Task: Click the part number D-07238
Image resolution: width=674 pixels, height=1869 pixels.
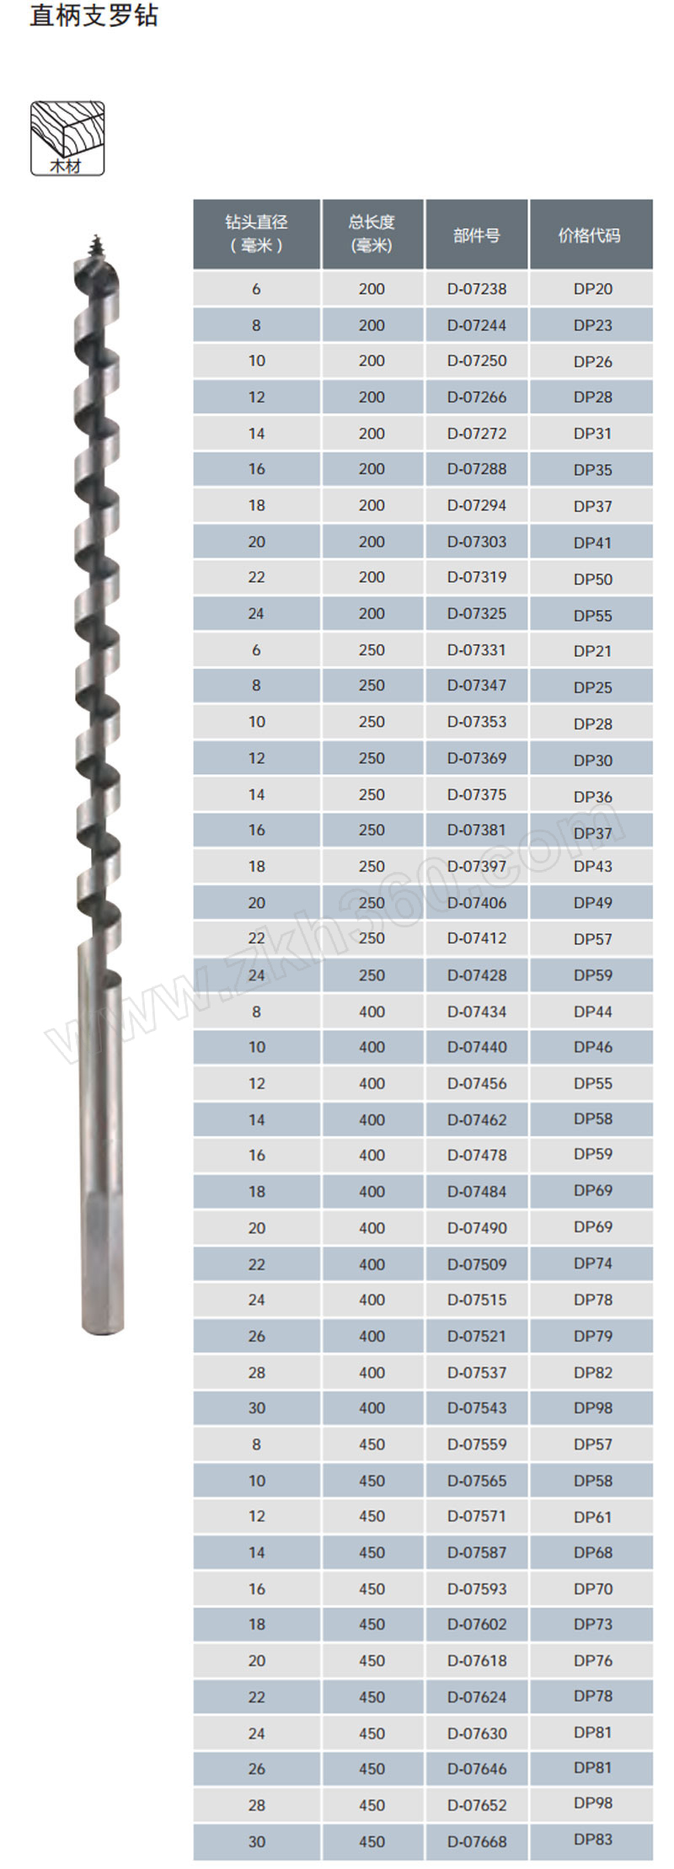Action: coord(477,289)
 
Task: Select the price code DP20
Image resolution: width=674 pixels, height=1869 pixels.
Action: coord(593,289)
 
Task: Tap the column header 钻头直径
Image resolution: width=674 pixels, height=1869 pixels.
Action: coord(256,222)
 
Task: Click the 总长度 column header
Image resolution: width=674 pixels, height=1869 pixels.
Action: coord(372,222)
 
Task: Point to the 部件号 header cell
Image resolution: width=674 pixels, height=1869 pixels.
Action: coord(477,235)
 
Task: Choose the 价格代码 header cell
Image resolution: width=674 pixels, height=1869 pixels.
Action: coord(590,235)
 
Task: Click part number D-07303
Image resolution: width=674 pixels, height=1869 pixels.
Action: coord(477,542)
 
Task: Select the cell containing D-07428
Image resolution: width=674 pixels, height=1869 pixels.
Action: coord(477,975)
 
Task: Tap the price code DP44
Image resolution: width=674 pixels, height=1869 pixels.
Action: coord(593,1012)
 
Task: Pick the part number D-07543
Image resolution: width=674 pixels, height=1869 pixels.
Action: coord(477,1407)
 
